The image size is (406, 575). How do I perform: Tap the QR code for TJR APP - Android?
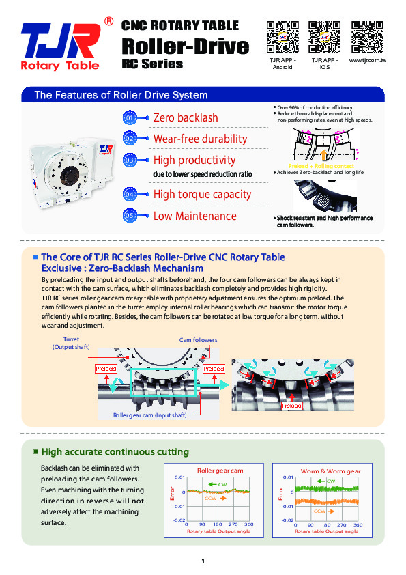(x=282, y=37)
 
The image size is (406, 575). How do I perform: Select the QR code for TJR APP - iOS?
(x=324, y=37)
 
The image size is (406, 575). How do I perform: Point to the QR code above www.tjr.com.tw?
(x=367, y=37)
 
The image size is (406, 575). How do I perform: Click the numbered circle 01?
(x=130, y=117)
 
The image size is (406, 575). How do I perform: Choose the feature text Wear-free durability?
(x=200, y=139)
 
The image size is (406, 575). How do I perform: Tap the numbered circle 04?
(x=130, y=194)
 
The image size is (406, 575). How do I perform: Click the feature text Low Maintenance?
(x=195, y=216)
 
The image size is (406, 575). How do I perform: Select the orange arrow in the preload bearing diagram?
(x=323, y=154)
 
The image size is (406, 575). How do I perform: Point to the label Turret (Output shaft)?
(x=71, y=343)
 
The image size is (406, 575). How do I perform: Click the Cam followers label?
(x=199, y=340)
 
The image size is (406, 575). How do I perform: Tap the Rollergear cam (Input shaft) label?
(x=150, y=415)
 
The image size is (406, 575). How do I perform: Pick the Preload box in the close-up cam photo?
(x=291, y=406)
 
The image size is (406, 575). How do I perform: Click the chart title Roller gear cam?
(x=220, y=471)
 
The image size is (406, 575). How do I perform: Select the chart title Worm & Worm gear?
(x=330, y=471)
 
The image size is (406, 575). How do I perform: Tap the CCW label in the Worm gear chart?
(x=319, y=511)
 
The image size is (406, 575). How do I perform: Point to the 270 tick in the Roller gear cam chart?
(x=233, y=524)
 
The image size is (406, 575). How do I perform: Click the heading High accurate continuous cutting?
(x=115, y=452)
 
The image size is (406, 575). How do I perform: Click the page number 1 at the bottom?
(x=203, y=561)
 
